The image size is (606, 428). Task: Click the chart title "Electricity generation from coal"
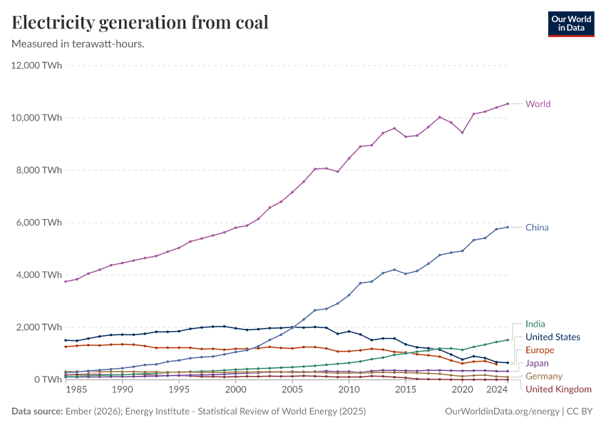coord(140,23)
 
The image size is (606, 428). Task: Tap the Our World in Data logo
coord(570,24)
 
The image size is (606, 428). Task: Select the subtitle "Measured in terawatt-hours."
coord(78,44)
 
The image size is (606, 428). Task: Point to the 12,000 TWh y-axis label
coord(37,66)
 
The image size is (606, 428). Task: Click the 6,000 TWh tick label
coord(40,223)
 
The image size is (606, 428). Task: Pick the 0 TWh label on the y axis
coord(48,379)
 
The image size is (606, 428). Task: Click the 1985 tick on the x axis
coord(77,391)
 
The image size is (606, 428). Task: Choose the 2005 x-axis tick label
coord(292,391)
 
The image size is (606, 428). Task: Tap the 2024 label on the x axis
coord(497,391)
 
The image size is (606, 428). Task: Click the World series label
coord(538,104)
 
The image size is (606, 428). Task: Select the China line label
coord(537,228)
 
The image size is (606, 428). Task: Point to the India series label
coord(535,324)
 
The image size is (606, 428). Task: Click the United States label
coord(553,337)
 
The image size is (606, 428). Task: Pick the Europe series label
coord(540,350)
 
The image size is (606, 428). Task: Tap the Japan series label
coord(538,363)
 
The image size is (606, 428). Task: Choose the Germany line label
coord(544,376)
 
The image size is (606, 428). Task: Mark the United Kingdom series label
coord(558,389)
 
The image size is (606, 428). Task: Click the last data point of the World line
coord(508,103)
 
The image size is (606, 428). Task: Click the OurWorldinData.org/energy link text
coord(502,412)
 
